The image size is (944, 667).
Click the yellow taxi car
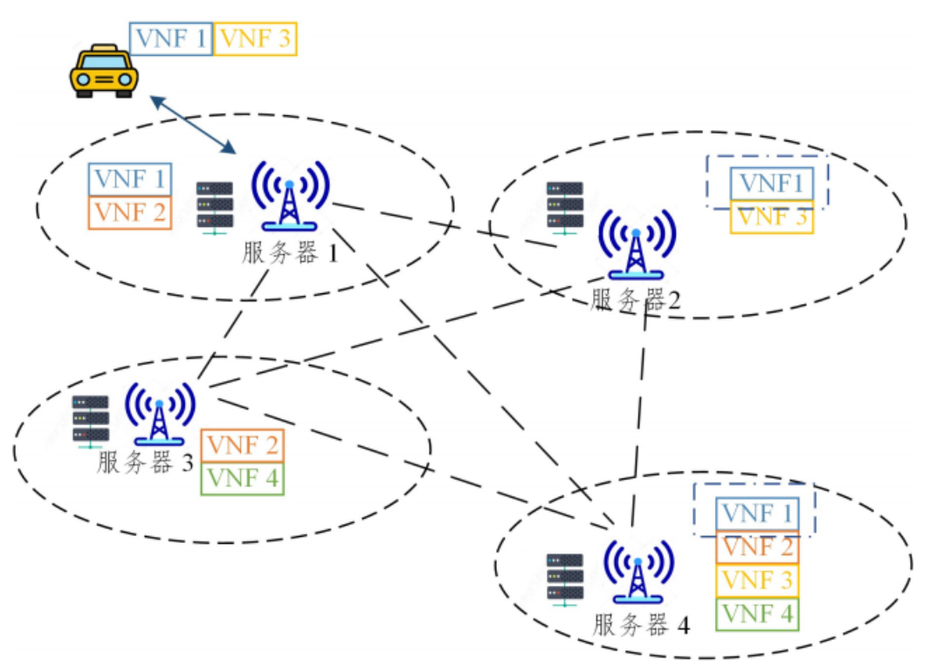point(104,71)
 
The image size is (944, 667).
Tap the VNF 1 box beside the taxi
point(171,38)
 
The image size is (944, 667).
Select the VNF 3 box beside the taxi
point(256,38)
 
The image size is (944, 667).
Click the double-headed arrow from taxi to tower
point(195,124)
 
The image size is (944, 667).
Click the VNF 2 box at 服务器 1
point(130,212)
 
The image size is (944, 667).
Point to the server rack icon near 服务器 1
point(215,207)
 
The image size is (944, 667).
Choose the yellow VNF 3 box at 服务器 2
point(772,217)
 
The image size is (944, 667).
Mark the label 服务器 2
point(636,300)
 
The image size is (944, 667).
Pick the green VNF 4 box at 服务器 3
point(243,478)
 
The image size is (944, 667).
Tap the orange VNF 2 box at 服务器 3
point(243,445)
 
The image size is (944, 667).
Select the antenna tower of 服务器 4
point(638,571)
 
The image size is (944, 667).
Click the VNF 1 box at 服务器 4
point(756,513)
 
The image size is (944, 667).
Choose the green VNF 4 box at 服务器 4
point(756,614)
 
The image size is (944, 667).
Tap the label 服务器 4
point(642,625)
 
